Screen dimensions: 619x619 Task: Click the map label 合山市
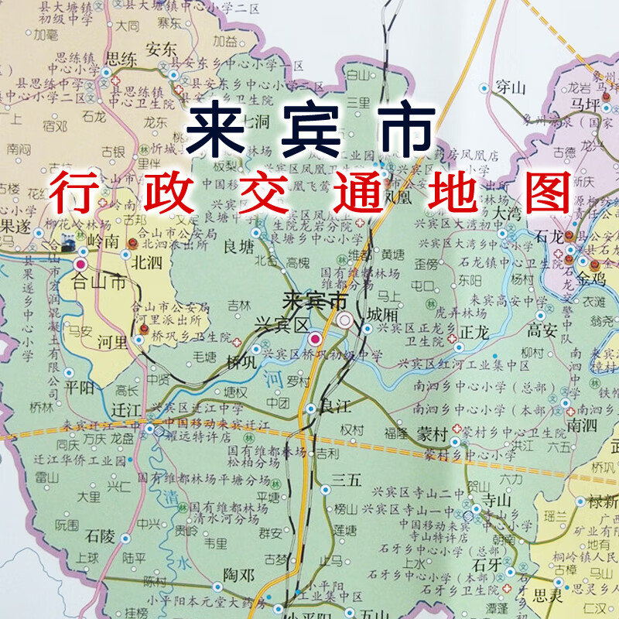click(98, 282)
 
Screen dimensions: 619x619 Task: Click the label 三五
click(346, 480)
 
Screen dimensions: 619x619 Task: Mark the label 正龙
click(475, 331)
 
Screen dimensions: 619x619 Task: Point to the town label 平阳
click(79, 387)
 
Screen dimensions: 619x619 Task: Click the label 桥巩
click(241, 362)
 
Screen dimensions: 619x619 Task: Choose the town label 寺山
click(495, 499)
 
